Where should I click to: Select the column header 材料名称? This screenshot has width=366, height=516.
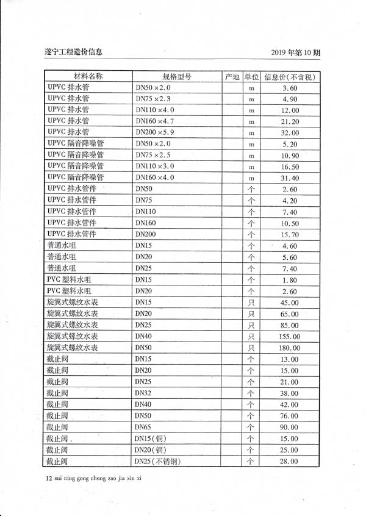click(88, 77)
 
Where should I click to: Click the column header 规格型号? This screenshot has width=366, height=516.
click(177, 77)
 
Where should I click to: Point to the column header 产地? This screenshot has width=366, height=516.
click(232, 77)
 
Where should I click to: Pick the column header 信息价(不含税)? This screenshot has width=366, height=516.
click(290, 77)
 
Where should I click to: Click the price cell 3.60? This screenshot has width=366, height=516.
click(290, 88)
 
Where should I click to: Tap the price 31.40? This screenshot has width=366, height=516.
click(290, 177)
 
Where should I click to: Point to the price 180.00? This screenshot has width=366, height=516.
click(290, 348)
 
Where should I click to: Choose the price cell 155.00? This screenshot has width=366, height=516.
click(290, 337)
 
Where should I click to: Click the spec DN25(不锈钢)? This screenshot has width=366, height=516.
click(157, 462)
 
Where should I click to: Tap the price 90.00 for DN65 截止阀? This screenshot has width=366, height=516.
click(290, 428)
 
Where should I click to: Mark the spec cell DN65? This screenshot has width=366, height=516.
click(143, 428)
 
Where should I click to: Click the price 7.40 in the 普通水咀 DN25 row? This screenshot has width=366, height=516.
click(290, 269)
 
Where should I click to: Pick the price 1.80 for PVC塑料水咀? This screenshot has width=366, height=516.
click(290, 280)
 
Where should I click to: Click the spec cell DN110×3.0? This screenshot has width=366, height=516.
click(155, 166)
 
